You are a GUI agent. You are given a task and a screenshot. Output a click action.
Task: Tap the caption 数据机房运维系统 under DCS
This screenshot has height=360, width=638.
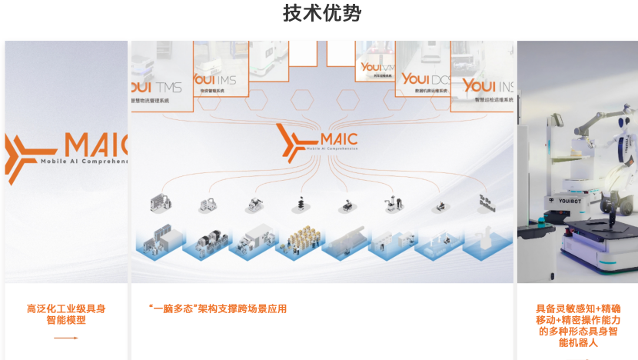(424, 90)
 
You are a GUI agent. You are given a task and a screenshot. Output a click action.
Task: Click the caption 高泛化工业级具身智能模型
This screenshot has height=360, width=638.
(66, 314)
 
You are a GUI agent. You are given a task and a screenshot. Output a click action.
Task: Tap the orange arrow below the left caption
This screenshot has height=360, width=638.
(66, 338)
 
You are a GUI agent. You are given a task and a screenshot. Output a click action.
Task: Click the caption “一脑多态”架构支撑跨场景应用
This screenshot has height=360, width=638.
(218, 308)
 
